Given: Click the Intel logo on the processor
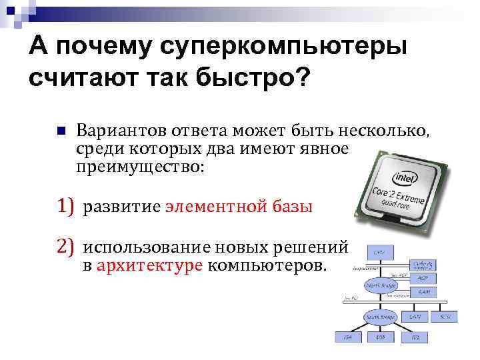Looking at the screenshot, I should [x=404, y=179].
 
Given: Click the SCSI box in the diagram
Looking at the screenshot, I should [x=445, y=315].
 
